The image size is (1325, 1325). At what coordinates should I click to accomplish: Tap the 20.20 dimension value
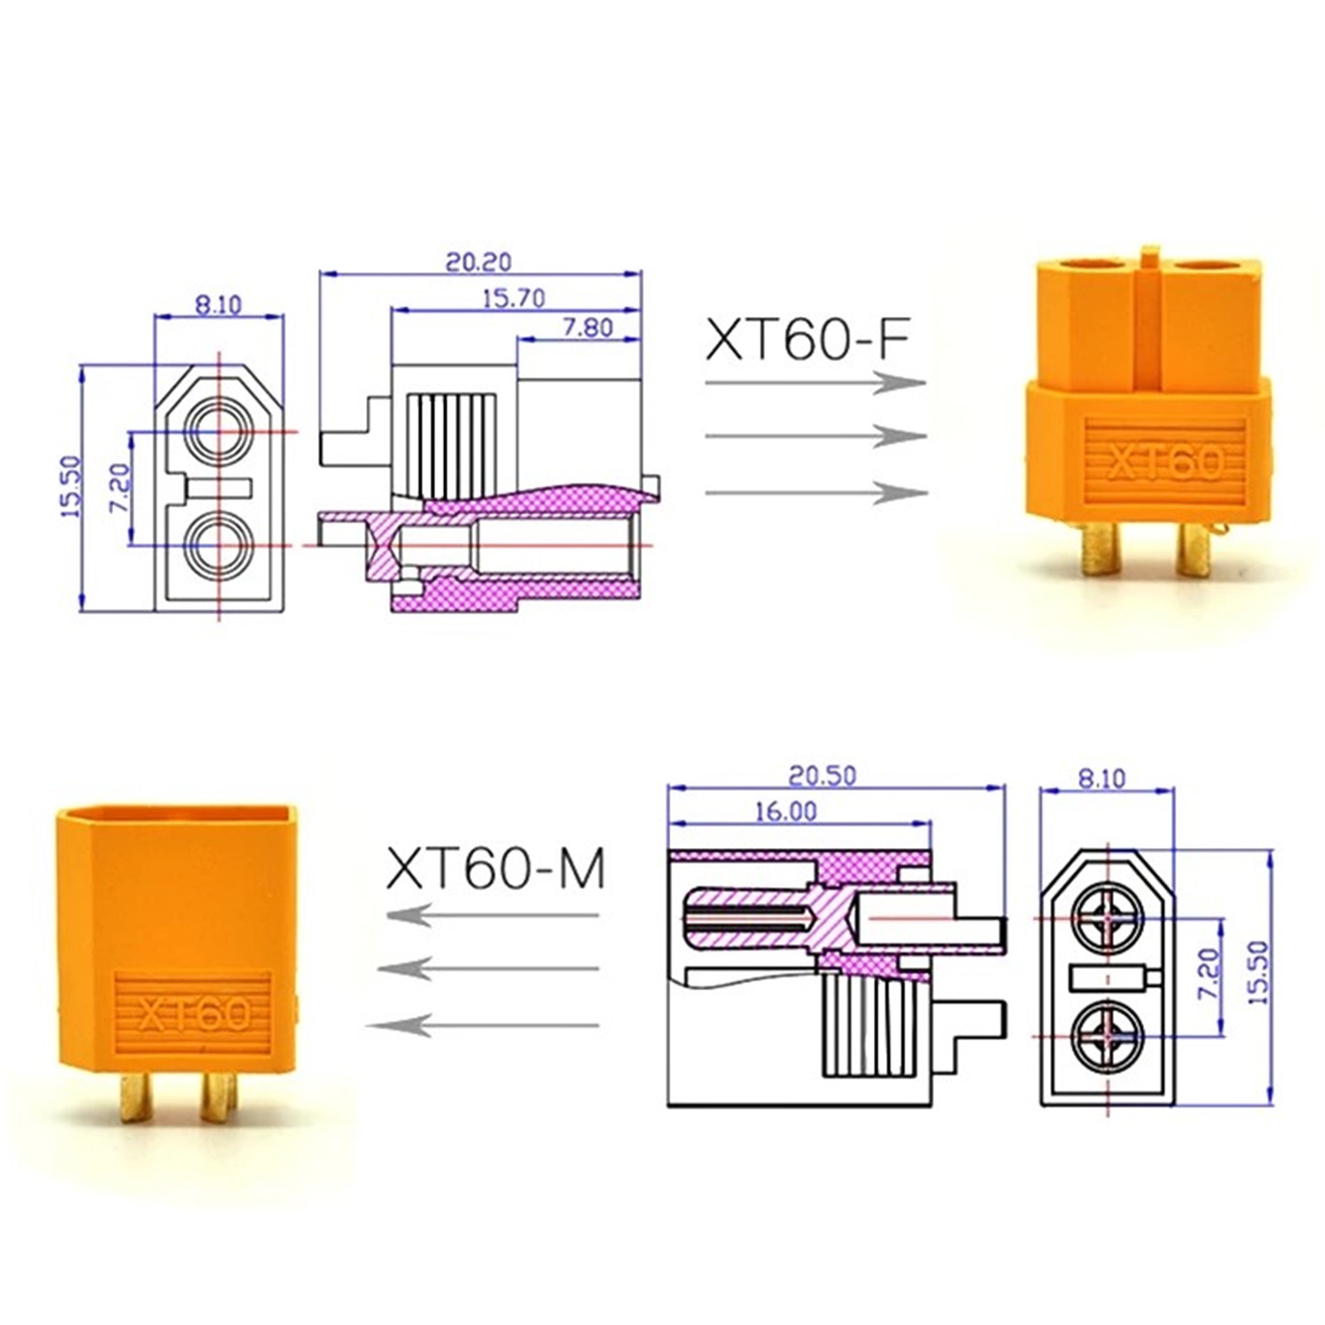[x=479, y=261]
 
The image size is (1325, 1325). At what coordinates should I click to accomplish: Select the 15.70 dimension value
[x=513, y=297]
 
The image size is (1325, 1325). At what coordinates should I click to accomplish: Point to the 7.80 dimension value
[x=587, y=327]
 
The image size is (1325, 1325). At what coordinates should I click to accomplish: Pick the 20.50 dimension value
[x=822, y=775]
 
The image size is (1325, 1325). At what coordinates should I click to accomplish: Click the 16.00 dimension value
[x=785, y=811]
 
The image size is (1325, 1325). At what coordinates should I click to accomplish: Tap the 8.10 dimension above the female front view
[x=218, y=304]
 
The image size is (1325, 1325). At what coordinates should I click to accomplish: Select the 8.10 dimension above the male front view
[x=1101, y=778]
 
